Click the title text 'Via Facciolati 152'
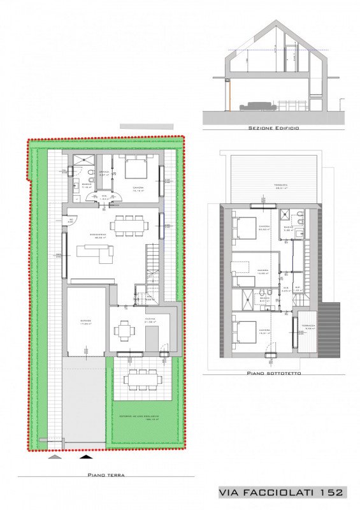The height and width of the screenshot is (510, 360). [x=281, y=492]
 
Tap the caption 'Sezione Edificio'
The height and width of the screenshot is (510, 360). [x=273, y=127]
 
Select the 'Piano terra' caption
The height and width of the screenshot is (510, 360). [x=106, y=475]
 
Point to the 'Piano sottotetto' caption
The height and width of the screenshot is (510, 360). [x=275, y=374]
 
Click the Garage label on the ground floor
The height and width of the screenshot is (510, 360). [x=85, y=321]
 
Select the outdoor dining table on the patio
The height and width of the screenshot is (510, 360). [x=138, y=379]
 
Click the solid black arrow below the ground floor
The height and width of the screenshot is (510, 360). [x=85, y=456]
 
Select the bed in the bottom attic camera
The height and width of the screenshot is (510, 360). [x=244, y=331]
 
